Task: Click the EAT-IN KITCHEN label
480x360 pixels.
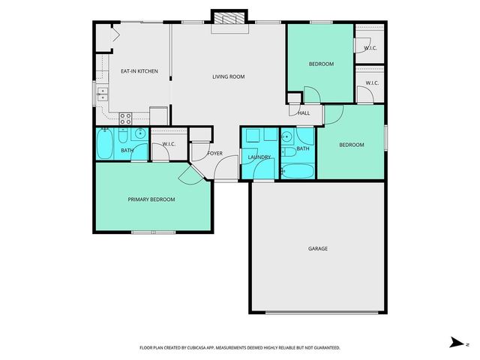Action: (x=139, y=71)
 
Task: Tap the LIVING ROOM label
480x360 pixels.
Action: (x=228, y=76)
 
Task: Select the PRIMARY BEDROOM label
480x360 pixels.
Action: (x=151, y=199)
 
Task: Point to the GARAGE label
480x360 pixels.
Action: (x=317, y=248)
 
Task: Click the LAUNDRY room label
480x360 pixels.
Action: (x=259, y=157)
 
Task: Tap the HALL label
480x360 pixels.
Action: (x=304, y=113)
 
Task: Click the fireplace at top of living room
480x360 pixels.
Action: (x=228, y=21)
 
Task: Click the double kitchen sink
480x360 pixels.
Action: (x=103, y=94)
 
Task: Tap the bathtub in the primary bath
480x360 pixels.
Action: (x=104, y=142)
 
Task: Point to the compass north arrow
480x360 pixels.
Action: (x=454, y=342)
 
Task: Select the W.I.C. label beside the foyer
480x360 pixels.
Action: (x=169, y=144)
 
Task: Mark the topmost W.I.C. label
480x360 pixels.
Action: (x=370, y=48)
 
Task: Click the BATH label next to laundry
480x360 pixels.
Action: (x=303, y=148)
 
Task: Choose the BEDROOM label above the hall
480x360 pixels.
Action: (x=321, y=64)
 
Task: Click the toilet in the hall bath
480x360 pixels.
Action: (x=289, y=151)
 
